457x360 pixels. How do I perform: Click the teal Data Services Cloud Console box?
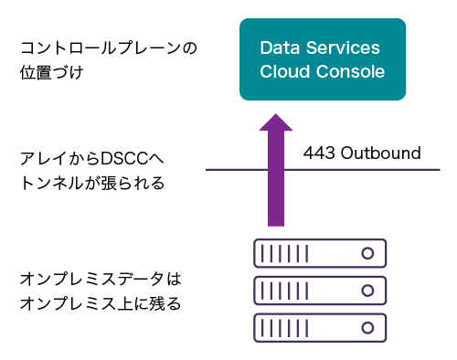pyautogui.click(x=322, y=59)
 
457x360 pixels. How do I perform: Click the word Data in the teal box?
pyautogui.click(x=277, y=48)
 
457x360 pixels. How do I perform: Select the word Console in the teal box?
pyautogui.click(x=352, y=71)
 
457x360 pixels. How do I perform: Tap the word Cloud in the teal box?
pyautogui.click(x=284, y=71)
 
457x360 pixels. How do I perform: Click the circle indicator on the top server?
pyautogui.click(x=368, y=252)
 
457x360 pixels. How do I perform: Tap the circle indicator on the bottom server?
pyautogui.click(x=368, y=326)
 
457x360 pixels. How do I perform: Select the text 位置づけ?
pyautogui.click(x=51, y=70)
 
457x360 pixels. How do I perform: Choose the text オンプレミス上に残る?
pyautogui.click(x=100, y=302)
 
